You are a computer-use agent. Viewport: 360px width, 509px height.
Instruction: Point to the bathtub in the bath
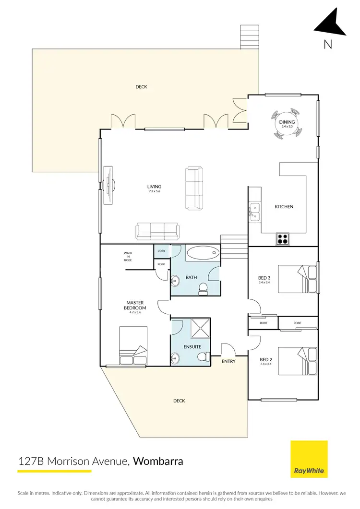(x=202, y=253)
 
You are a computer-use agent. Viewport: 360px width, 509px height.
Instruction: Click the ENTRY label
(x=229, y=361)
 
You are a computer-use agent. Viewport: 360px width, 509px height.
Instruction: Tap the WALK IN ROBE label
(x=128, y=256)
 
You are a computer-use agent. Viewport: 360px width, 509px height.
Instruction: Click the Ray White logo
(x=309, y=459)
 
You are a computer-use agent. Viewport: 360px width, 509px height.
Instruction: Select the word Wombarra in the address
(x=158, y=462)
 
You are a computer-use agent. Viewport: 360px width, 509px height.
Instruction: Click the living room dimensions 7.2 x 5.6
(x=155, y=191)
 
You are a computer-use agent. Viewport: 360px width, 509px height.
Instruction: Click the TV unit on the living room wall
(x=108, y=185)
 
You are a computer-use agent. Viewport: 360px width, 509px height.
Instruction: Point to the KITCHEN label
(x=284, y=207)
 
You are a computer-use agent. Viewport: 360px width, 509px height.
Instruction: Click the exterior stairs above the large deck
(x=249, y=36)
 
